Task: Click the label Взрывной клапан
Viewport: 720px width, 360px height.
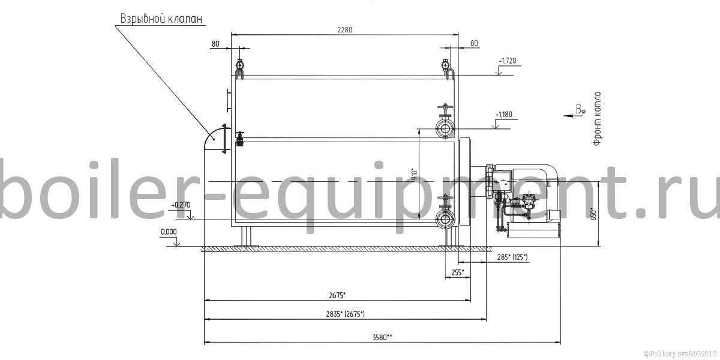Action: click(161, 19)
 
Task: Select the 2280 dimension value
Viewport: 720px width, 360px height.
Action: click(345, 30)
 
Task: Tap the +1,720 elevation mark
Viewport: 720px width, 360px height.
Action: click(508, 61)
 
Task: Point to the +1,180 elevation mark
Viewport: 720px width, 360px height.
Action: click(504, 115)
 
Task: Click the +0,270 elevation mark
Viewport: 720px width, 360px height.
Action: click(181, 205)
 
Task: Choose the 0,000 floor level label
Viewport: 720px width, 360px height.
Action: click(169, 232)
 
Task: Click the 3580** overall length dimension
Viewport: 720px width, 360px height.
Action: click(383, 337)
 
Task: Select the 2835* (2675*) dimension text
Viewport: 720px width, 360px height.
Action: click(346, 314)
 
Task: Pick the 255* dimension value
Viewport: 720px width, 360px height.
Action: click(458, 272)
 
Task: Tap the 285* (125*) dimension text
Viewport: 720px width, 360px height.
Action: click(512, 257)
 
